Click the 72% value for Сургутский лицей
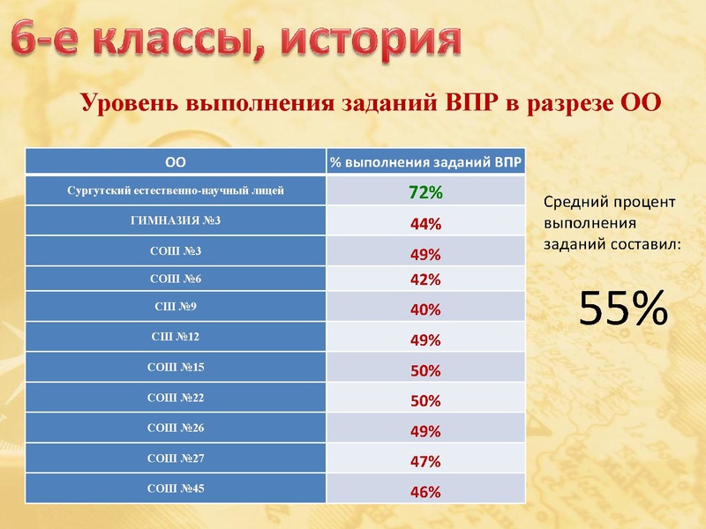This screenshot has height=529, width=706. (x=424, y=192)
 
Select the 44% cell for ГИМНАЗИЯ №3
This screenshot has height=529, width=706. (x=424, y=224)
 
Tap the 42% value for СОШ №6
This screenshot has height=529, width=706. (x=424, y=280)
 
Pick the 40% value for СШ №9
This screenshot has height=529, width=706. (x=424, y=310)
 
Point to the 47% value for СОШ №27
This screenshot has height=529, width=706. (x=424, y=461)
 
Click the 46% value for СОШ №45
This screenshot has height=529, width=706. (x=424, y=492)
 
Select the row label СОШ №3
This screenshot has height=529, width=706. (x=176, y=251)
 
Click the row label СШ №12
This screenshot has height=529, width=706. (x=176, y=336)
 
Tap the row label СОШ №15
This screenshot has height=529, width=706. (x=176, y=367)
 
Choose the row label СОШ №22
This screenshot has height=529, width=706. (x=176, y=398)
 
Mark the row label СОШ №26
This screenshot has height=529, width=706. (x=176, y=428)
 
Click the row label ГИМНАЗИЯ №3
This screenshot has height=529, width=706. (x=176, y=220)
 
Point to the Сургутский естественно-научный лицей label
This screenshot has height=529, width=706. (x=176, y=190)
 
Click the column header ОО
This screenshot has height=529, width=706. (x=176, y=161)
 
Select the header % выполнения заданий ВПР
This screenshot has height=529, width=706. (x=424, y=162)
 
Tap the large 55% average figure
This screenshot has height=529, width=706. (x=623, y=309)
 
